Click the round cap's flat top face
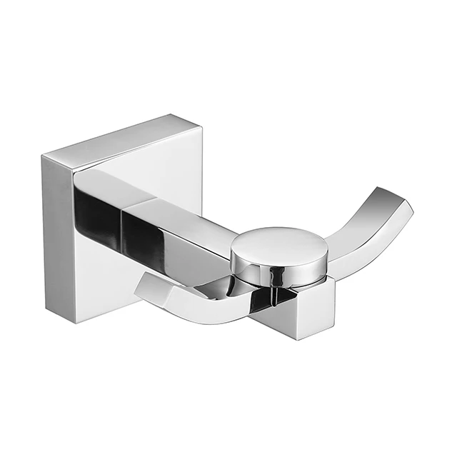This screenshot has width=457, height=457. point(279,243)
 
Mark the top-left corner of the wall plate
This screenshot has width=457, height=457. point(43,155)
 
